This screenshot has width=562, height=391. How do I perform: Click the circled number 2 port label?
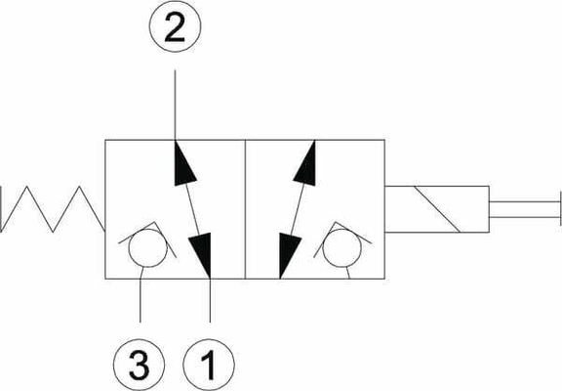pos(175,26)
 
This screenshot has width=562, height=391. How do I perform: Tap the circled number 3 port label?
pos(140,365)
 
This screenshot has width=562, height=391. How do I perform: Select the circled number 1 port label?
pos(209,365)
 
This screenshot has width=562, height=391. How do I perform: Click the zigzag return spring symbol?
pos(53,209)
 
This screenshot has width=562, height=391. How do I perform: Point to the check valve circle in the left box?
pos(148,248)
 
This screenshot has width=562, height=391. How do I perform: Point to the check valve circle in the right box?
pos(341,248)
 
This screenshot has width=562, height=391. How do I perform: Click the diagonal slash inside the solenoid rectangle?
pos(437,209)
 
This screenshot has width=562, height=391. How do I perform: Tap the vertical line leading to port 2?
pos(175,105)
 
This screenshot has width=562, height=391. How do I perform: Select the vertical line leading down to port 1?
pos(210,300)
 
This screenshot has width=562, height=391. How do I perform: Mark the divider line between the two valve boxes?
pos(245,209)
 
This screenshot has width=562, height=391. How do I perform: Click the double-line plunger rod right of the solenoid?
pos(524,209)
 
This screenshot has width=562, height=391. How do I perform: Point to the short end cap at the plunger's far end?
pos(561,209)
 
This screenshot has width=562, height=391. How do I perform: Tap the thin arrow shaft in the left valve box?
pos(192,209)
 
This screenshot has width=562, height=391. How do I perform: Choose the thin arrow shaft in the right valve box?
pos(298,209)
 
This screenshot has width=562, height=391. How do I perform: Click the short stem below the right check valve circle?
pos(348,273)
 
